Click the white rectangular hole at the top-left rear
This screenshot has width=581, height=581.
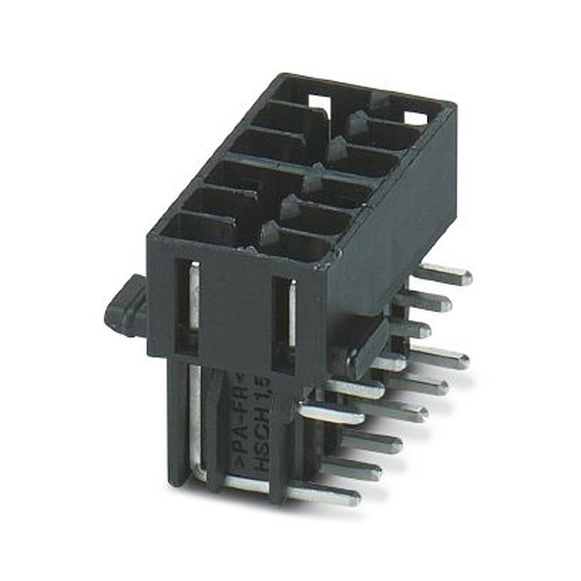point(319,102)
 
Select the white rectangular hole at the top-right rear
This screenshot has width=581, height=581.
point(415,119)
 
